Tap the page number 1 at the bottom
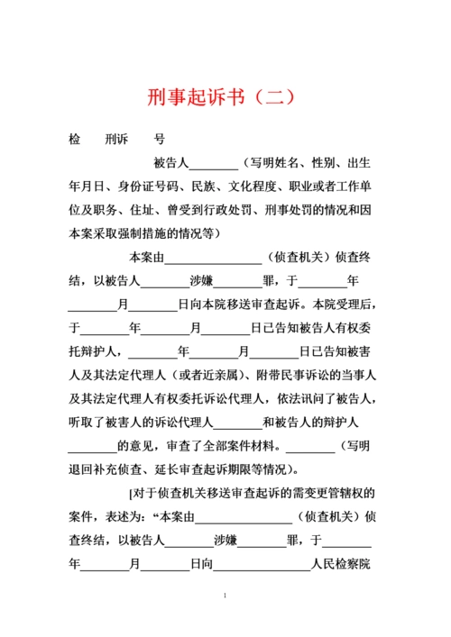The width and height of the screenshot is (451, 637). point(225,596)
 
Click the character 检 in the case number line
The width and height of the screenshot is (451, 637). point(75,140)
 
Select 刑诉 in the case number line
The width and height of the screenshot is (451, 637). point(117,140)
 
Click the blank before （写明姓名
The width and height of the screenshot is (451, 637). point(214,164)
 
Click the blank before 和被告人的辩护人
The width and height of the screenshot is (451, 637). point(238,421)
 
